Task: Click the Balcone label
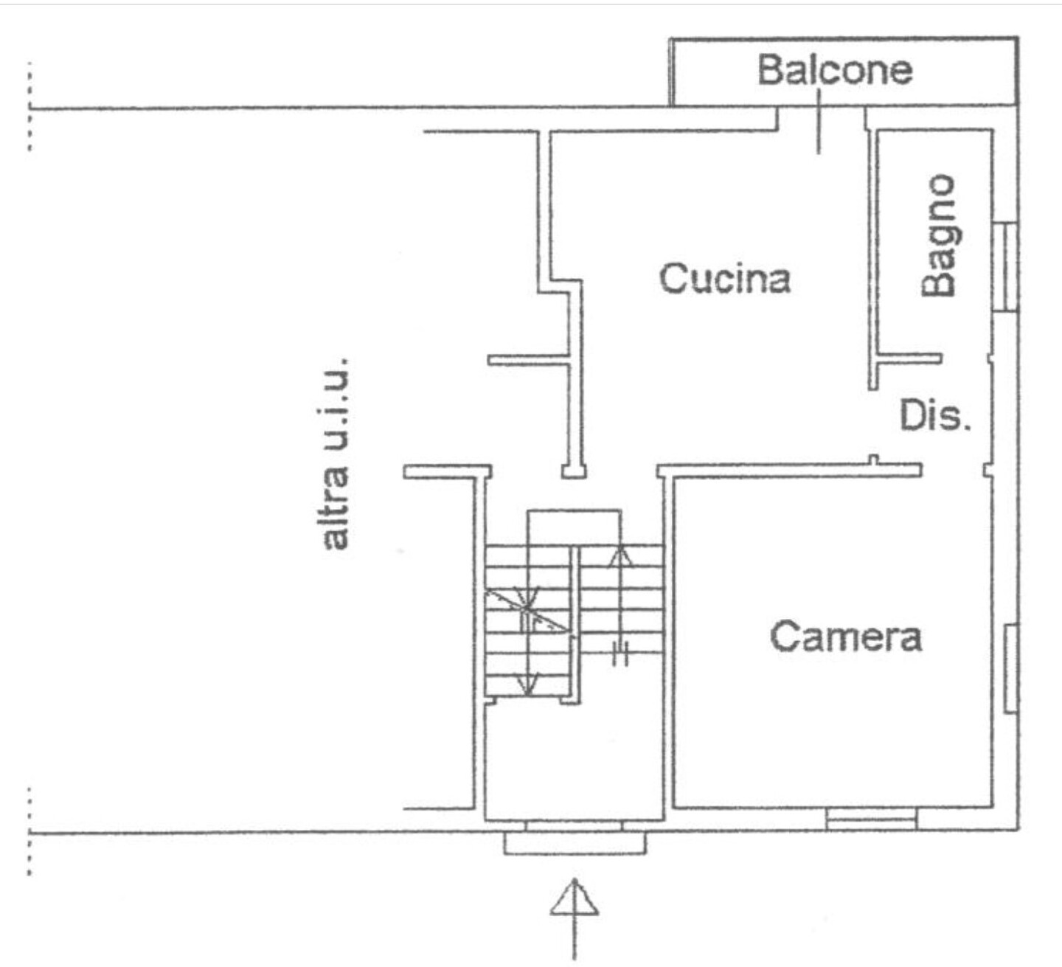835,70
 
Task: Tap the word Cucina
725,278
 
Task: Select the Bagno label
938,235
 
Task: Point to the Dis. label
935,416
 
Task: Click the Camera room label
846,637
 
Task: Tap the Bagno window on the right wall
1004,266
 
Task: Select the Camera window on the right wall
1010,668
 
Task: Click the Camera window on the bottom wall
872,819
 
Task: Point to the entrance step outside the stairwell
575,843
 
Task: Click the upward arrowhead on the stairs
620,558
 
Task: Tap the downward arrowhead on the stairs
527,684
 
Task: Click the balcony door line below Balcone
819,121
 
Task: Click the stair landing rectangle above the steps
575,527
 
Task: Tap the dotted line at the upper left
29,106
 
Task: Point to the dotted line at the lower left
29,831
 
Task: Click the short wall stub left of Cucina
529,359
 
